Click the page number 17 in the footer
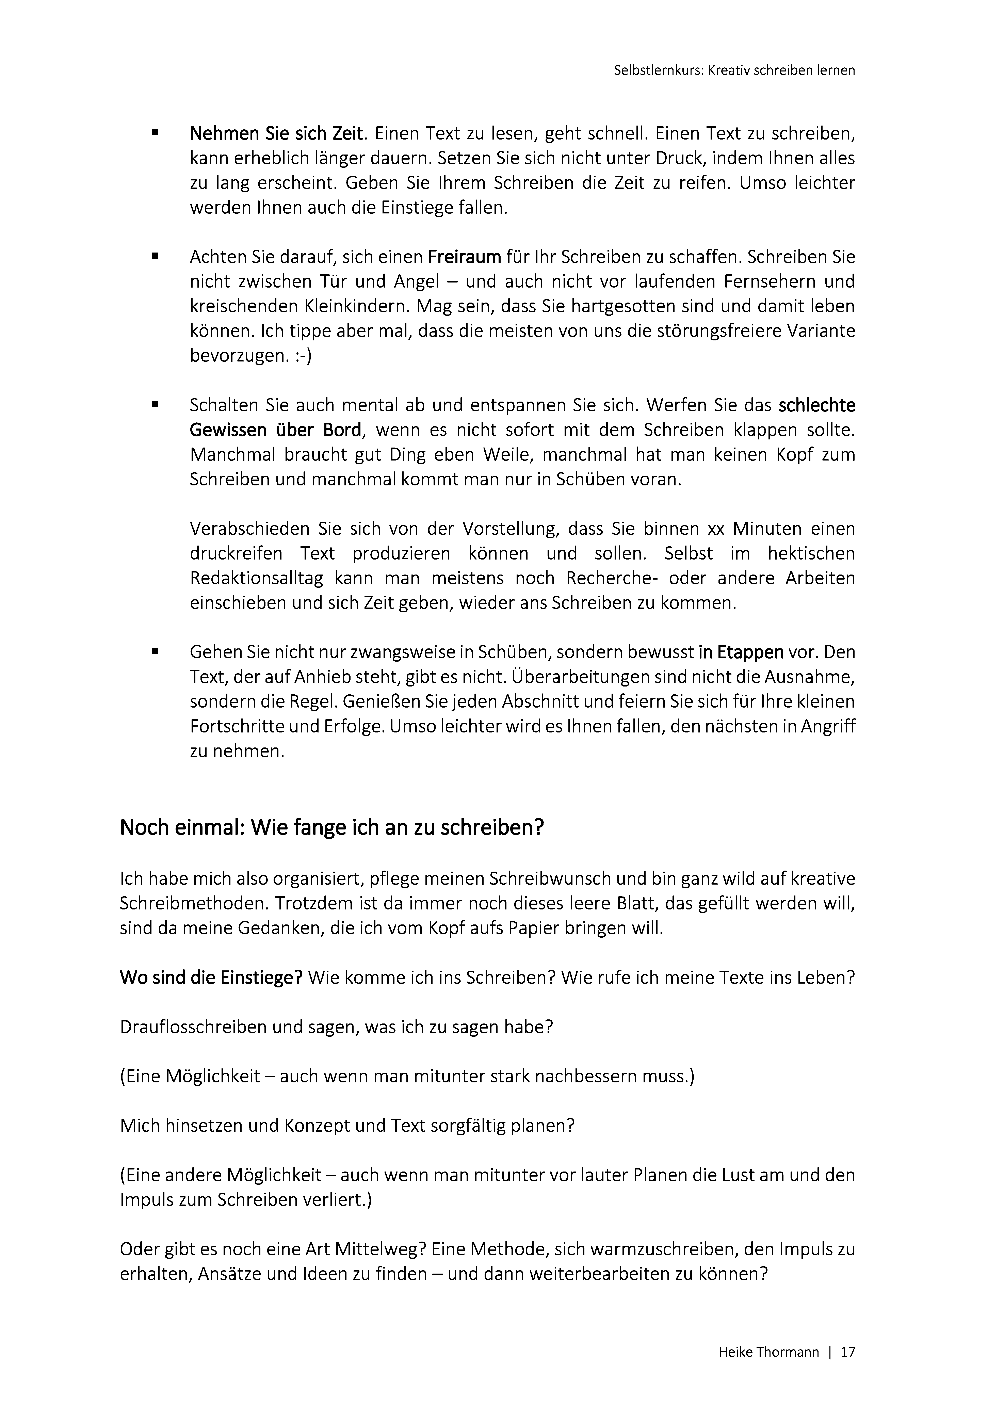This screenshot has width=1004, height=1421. pos(847,1352)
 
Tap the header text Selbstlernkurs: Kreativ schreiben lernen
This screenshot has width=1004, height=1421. pos(734,70)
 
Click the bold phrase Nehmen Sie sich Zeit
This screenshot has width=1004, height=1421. pos(275,134)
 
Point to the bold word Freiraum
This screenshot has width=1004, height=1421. pos(465,257)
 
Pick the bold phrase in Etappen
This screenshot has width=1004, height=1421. pos(741,652)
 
